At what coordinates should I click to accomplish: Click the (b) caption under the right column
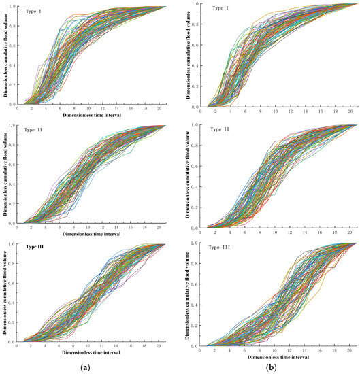(x=270, y=367)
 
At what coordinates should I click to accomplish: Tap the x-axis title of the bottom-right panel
(x=278, y=356)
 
